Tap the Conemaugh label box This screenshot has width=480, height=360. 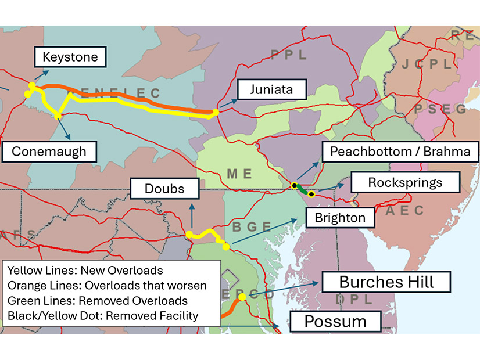click(x=49, y=152)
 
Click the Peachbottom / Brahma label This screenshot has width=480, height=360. click(x=399, y=152)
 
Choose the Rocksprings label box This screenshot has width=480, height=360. click(x=405, y=182)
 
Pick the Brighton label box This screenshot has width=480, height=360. click(x=340, y=218)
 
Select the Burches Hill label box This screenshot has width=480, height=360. click(x=386, y=283)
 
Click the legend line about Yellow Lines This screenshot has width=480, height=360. click(x=85, y=271)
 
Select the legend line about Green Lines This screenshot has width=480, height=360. click(x=98, y=301)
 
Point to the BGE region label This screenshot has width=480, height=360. click(x=251, y=226)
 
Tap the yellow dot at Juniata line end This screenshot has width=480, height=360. click(x=216, y=112)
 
